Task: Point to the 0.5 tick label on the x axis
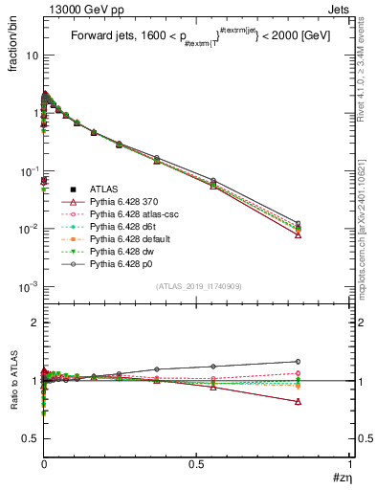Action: [x=197, y=463]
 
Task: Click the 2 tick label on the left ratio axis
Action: [x=33, y=323]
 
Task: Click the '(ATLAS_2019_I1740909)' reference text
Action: [x=197, y=287]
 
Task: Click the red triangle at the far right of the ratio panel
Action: [x=299, y=402]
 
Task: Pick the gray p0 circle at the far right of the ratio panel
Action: [x=299, y=362]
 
